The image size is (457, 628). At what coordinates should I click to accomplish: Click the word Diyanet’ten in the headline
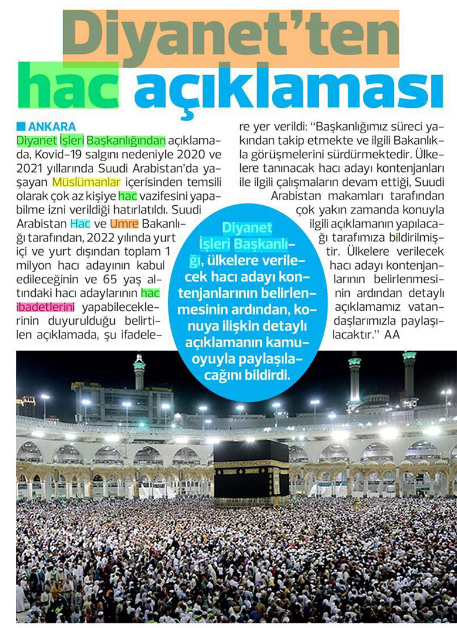(231, 36)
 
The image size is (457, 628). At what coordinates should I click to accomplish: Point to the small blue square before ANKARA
(22, 126)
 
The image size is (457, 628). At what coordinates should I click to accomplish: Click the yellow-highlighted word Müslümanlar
(86, 182)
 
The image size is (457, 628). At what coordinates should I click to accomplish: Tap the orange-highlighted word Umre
(121, 223)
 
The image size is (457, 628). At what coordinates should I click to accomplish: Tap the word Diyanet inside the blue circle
(247, 228)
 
